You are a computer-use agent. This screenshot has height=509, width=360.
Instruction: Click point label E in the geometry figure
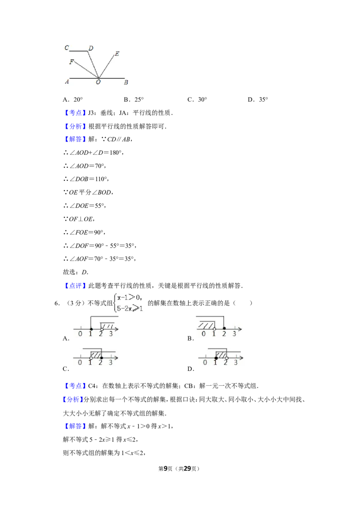click(117, 54)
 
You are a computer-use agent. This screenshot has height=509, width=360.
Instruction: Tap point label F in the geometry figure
click(72, 62)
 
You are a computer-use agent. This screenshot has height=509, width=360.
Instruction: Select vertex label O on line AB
click(98, 82)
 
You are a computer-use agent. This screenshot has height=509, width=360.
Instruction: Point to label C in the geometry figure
click(67, 48)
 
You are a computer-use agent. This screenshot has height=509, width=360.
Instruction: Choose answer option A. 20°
click(73, 100)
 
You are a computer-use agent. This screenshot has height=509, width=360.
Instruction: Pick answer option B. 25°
click(134, 100)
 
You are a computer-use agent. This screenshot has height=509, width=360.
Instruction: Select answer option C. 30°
click(197, 100)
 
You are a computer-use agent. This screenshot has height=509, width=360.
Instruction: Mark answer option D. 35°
click(258, 100)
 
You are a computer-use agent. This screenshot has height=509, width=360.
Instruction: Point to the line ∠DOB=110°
click(86, 179)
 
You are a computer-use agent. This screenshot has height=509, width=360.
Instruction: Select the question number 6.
click(57, 303)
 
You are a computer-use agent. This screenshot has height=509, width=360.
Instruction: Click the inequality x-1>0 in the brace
click(129, 297)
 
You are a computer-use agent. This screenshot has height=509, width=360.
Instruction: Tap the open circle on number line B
click(215, 329)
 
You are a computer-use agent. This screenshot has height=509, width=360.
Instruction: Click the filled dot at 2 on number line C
click(101, 358)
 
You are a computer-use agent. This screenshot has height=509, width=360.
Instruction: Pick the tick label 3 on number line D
click(236, 362)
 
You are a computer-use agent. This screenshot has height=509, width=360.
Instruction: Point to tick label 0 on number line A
click(80, 334)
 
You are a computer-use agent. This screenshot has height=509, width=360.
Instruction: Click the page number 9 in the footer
click(166, 469)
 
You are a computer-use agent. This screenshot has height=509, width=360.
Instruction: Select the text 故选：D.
click(76, 272)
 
